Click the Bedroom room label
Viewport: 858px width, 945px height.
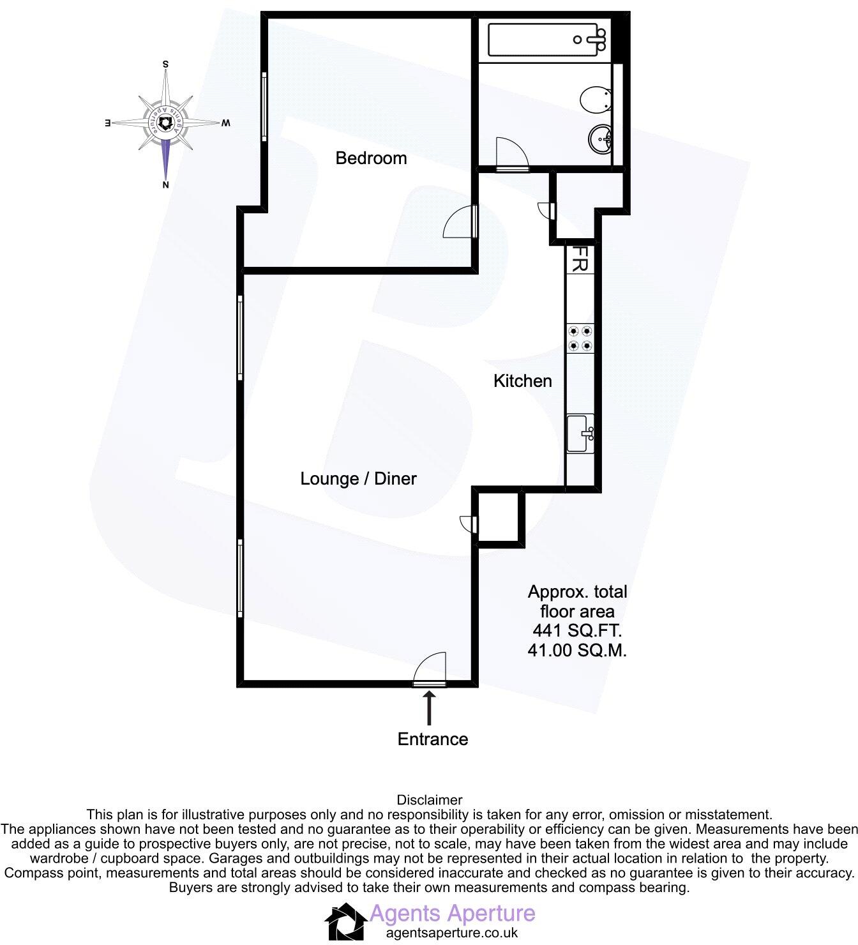click(x=371, y=158)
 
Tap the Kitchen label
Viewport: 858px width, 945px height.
click(x=522, y=381)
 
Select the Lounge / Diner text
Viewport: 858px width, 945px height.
click(x=358, y=479)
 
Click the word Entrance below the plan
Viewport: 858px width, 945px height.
click(x=433, y=739)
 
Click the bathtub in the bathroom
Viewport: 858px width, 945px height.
click(x=547, y=40)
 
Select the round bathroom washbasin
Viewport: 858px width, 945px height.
click(x=600, y=138)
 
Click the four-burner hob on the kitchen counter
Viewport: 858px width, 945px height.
click(x=580, y=338)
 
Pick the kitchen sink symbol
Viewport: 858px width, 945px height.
click(x=581, y=434)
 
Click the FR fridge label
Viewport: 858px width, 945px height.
click(x=580, y=260)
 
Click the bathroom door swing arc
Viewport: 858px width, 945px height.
click(x=512, y=153)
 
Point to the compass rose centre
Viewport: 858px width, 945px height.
click(x=165, y=123)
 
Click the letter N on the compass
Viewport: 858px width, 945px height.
click(x=165, y=185)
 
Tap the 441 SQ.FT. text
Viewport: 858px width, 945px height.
click(x=576, y=631)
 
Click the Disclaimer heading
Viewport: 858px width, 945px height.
click(x=429, y=799)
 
